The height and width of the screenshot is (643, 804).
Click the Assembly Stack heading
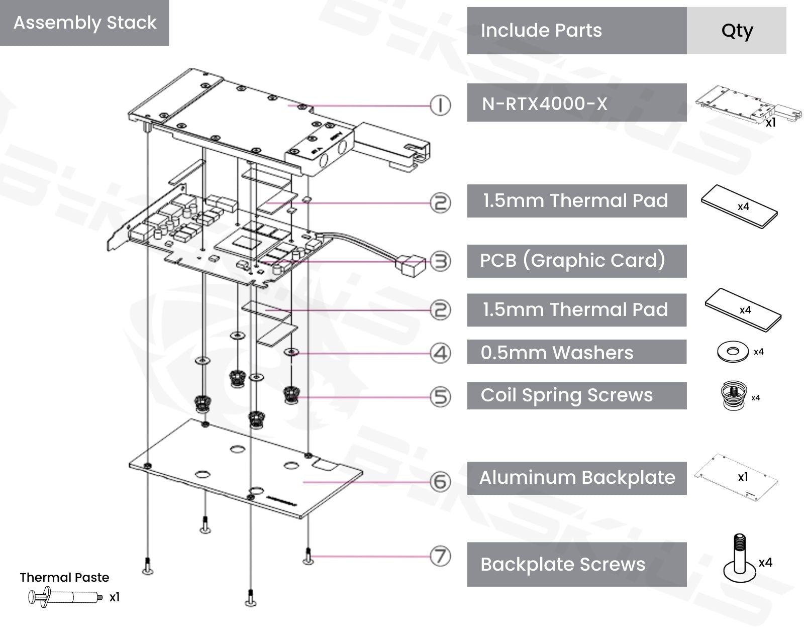(84, 23)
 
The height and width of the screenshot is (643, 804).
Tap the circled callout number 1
(441, 105)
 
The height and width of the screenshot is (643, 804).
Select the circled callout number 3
(441, 261)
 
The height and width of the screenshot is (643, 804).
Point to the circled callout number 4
(441, 353)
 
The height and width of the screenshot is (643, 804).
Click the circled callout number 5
(441, 397)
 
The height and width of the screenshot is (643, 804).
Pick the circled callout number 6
(441, 482)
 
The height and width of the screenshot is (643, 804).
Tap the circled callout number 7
(441, 557)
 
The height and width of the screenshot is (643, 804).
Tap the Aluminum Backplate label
(576, 478)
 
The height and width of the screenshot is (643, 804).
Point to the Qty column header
(736, 31)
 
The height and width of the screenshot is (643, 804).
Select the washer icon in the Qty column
(733, 352)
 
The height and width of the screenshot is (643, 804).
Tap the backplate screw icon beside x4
(739, 559)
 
